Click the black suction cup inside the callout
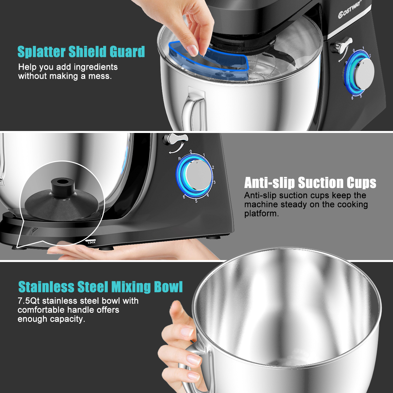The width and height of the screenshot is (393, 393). pos(62,200)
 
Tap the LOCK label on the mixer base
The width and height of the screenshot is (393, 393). pos(91,242)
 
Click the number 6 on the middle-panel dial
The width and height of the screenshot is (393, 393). pos(184,197)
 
